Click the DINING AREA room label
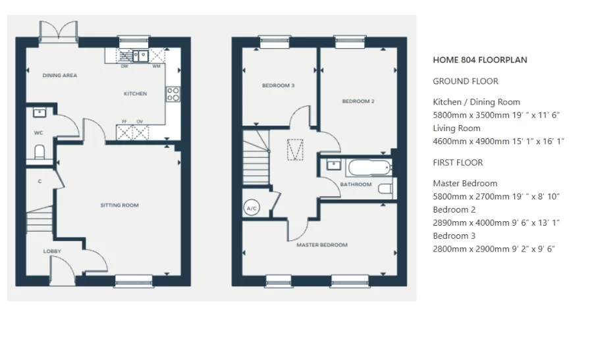60,76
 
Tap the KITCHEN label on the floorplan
135,94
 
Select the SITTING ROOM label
119,205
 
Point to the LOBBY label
52,251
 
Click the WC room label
38,132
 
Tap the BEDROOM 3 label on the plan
278,86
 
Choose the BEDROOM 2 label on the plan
358,101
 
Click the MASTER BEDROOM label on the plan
322,245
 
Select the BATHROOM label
356,184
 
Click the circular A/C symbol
251,208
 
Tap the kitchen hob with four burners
173,94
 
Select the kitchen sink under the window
140,56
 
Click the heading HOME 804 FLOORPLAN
479,60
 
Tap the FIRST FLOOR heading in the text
458,163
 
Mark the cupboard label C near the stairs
40,180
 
